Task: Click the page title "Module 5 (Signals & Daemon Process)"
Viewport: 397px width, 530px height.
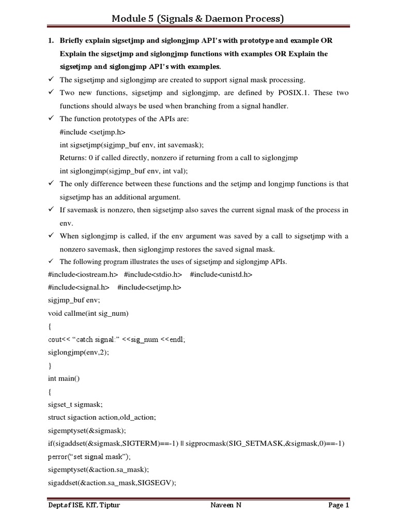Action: point(198,19)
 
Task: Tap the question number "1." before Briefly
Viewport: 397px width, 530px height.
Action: point(51,40)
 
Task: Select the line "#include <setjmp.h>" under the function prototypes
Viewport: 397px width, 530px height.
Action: point(93,132)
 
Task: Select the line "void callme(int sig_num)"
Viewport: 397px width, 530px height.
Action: point(88,313)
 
